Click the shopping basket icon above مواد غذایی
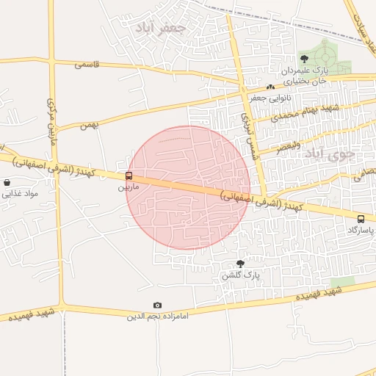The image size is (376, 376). (x=7, y=182)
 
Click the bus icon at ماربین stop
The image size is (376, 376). (x=129, y=176)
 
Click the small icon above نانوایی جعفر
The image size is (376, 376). (x=271, y=87)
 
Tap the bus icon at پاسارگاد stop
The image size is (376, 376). (x=361, y=219)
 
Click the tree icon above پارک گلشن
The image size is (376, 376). (x=240, y=263)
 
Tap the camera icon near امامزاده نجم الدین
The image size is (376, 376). (x=157, y=305)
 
